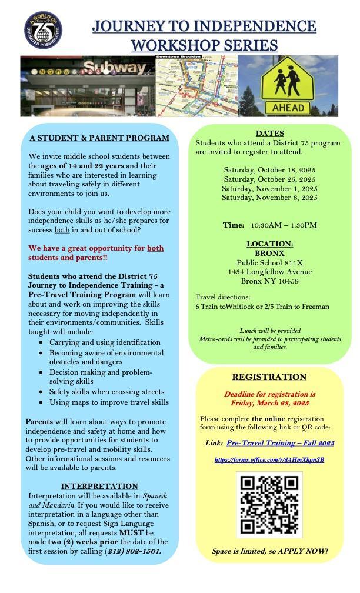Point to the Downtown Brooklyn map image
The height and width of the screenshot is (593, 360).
click(196, 85)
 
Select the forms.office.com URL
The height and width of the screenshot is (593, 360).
click(269, 459)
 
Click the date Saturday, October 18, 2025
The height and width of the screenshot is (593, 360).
click(269, 170)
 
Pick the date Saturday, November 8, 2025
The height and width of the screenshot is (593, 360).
click(269, 198)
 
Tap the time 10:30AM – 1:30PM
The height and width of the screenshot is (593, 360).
click(284, 225)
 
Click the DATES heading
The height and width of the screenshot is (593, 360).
click(269, 134)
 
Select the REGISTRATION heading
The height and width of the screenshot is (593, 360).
click(269, 377)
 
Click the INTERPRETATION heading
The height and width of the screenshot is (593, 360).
click(99, 486)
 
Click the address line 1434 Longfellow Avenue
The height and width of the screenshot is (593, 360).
click(269, 272)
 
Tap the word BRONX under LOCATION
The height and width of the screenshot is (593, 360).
click(269, 253)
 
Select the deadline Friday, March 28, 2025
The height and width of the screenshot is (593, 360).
click(269, 403)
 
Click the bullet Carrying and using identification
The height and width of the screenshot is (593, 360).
click(105, 342)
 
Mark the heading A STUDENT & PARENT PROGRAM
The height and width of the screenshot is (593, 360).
click(99, 138)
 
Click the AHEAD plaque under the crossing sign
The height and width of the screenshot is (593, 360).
click(288, 108)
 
